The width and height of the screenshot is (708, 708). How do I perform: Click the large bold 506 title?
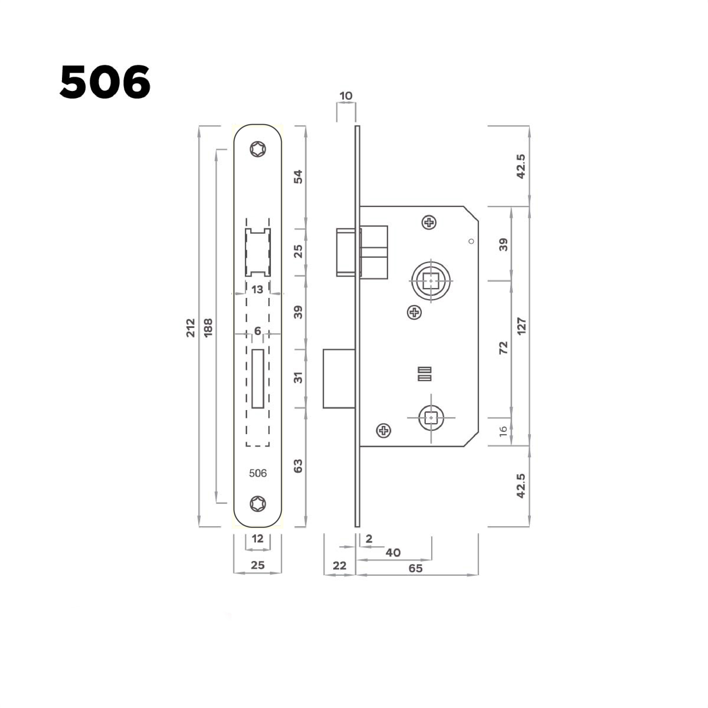click(105, 82)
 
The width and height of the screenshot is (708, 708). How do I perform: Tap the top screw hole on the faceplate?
click(258, 149)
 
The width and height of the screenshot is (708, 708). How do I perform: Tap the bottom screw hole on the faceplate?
click(258, 504)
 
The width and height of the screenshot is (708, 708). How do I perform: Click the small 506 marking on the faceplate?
click(258, 473)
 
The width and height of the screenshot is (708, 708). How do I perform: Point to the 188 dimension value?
click(208, 327)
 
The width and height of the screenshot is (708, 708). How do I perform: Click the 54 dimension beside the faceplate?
click(298, 177)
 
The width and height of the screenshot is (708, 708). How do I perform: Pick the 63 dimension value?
click(298, 466)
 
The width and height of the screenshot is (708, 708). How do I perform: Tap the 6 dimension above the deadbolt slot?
click(258, 331)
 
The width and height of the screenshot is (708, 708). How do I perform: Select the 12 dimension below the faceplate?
click(258, 539)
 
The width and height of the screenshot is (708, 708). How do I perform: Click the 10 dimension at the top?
click(346, 96)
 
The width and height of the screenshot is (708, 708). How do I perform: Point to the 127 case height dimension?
click(521, 326)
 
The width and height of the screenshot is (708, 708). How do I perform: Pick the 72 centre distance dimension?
click(504, 347)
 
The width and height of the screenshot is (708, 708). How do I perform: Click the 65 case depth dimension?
click(416, 568)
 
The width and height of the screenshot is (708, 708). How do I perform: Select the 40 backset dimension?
click(393, 553)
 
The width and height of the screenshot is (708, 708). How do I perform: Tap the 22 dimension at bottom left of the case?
click(339, 566)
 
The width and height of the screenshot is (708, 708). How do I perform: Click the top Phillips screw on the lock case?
click(429, 222)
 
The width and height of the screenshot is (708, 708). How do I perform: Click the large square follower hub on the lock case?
click(431, 281)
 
